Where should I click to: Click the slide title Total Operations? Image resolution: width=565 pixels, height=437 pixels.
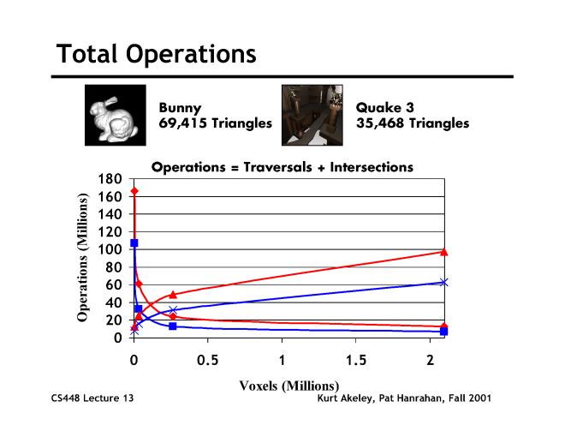[x=156, y=54]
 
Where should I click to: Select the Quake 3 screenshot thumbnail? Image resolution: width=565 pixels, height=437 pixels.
[x=312, y=115]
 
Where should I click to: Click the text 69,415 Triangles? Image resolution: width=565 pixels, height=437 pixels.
[x=215, y=123]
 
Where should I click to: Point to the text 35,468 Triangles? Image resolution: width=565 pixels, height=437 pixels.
[x=412, y=123]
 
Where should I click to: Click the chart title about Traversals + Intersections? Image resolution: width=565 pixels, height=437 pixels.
[x=282, y=167]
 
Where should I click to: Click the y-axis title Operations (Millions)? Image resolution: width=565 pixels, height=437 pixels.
[x=83, y=258]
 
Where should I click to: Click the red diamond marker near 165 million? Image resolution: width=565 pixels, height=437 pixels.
[x=134, y=191]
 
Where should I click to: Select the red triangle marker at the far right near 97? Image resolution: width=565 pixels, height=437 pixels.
[x=443, y=252]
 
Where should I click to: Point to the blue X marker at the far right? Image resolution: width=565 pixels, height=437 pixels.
[x=443, y=282]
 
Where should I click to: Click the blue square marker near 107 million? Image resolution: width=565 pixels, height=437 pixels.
[x=134, y=243]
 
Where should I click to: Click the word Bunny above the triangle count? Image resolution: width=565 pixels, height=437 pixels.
[x=181, y=109]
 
